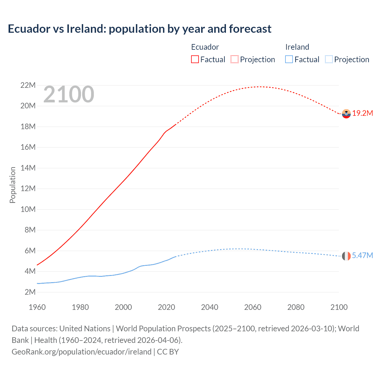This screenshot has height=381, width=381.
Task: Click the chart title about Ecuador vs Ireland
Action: pyautogui.click(x=139, y=29)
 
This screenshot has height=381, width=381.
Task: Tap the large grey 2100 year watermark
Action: pyautogui.click(x=69, y=95)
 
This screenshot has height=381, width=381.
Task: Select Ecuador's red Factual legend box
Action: pyautogui.click(x=195, y=59)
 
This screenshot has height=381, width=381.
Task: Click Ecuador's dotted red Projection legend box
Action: pyautogui.click(x=235, y=59)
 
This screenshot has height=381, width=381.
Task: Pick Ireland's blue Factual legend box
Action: pyautogui.click(x=289, y=59)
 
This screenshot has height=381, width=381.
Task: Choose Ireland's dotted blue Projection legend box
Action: pyautogui.click(x=329, y=59)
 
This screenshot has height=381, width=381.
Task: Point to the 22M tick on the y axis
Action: pyautogui.click(x=28, y=85)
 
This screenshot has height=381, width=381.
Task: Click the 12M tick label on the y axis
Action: pyautogui.click(x=28, y=189)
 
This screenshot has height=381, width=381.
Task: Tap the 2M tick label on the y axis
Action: pyautogui.click(x=30, y=292)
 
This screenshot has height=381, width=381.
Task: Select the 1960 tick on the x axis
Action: pyautogui.click(x=37, y=307)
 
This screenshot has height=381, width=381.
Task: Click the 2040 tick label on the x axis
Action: pyautogui.click(x=210, y=307)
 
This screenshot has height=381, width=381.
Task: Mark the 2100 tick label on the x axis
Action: pyautogui.click(x=339, y=307)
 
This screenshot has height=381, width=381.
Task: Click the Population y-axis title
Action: pyautogui.click(x=13, y=185)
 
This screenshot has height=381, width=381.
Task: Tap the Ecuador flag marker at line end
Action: pyautogui.click(x=346, y=114)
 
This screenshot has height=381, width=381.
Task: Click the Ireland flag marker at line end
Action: pyautogui.click(x=346, y=256)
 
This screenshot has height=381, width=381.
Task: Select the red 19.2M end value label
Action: pyautogui.click(x=363, y=113)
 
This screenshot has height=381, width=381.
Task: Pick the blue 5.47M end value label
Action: pyautogui.click(x=362, y=256)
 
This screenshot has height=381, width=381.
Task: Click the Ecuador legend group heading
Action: pyautogui.click(x=205, y=47)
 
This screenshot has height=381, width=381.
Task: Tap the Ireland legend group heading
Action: pyautogui.click(x=297, y=47)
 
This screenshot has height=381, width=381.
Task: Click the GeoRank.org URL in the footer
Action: pyautogui.click(x=81, y=352)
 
